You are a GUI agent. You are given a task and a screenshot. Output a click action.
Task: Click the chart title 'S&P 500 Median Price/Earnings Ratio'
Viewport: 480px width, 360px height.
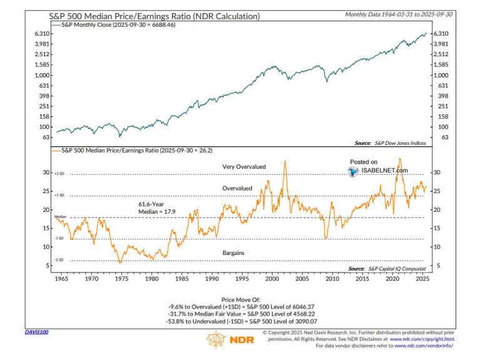coord(154,16)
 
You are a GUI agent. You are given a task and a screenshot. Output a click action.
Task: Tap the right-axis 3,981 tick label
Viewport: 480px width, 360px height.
coord(440,44)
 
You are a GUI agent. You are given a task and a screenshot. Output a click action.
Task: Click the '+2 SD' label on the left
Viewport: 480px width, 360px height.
coord(60,174)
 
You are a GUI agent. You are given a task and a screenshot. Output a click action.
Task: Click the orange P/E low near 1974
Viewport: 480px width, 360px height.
coord(120,262)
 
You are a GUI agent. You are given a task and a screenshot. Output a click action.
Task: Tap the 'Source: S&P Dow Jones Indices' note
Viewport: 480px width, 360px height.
coord(390,142)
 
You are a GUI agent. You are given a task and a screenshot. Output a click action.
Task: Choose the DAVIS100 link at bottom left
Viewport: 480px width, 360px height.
coord(36,332)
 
